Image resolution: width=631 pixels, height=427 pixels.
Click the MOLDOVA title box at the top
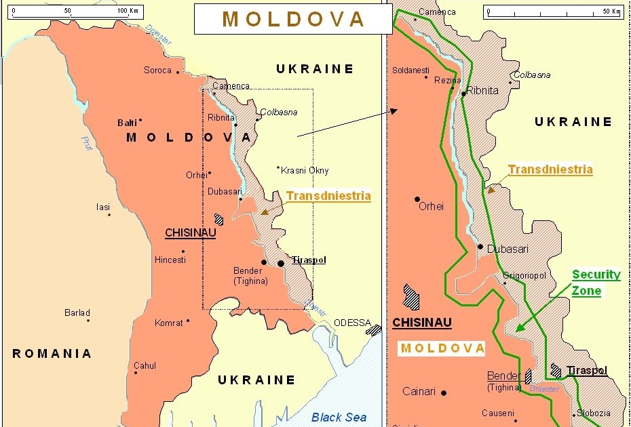click(x=293, y=19)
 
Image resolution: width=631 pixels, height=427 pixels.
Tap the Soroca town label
click(x=157, y=70)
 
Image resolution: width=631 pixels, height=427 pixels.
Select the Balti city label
click(x=126, y=123)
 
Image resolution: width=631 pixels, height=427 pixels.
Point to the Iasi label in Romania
click(x=102, y=207)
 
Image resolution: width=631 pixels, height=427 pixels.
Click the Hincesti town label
click(x=170, y=260)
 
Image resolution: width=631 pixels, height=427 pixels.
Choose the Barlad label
click(x=77, y=313)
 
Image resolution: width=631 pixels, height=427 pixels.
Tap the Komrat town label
click(x=168, y=323)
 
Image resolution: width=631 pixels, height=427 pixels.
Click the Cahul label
click(x=145, y=366)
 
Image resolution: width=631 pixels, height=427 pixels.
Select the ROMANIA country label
click(x=52, y=353)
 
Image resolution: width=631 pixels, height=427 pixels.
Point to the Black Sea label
click(x=339, y=417)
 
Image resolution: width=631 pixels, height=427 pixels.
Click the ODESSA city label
click(x=352, y=323)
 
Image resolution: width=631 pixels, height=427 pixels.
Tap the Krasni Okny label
click(x=305, y=171)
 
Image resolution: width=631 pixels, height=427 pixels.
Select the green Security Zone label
click(x=596, y=283)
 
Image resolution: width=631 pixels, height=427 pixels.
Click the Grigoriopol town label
click(x=525, y=276)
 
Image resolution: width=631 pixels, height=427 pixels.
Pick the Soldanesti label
click(x=410, y=70)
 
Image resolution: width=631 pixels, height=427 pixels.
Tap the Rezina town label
click(x=447, y=80)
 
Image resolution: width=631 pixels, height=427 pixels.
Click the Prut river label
click(x=87, y=144)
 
